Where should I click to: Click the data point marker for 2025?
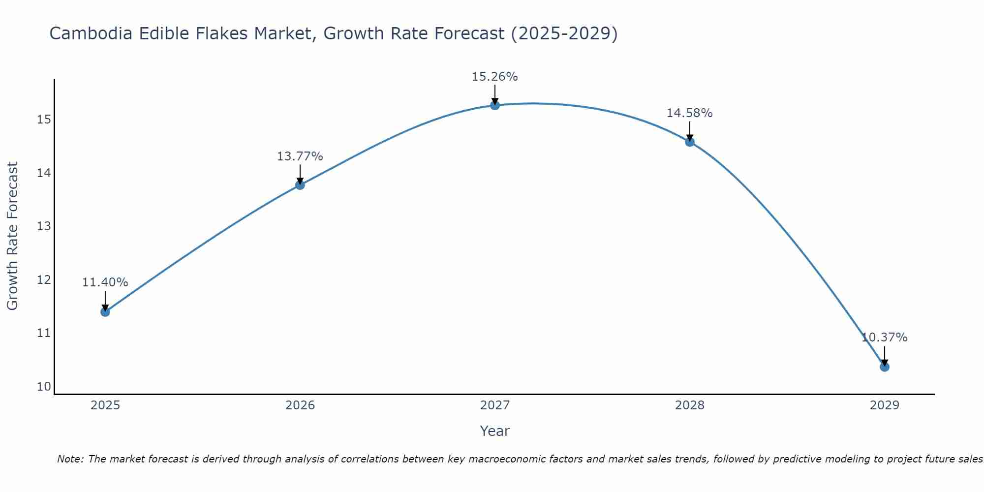coord(105,311)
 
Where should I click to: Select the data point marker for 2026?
coord(300,185)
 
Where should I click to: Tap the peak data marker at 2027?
coord(495,105)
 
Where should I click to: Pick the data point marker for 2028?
coord(690,142)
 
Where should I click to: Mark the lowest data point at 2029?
coord(885,367)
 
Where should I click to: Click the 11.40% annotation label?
coord(105,282)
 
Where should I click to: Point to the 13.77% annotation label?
coord(300,156)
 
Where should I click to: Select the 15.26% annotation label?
coord(494,77)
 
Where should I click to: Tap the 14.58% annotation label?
coord(689,113)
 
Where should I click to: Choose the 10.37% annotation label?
coord(884,338)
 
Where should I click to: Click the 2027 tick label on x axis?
coord(495,405)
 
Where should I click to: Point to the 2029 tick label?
coord(885,405)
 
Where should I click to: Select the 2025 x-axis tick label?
coord(105,405)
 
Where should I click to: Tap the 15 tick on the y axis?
coord(44,120)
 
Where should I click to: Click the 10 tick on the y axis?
coord(44,387)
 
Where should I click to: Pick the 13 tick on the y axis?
coord(44,226)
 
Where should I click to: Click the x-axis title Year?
coord(494,431)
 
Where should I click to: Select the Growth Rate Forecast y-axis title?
coord(12,236)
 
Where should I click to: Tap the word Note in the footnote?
coord(70,459)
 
